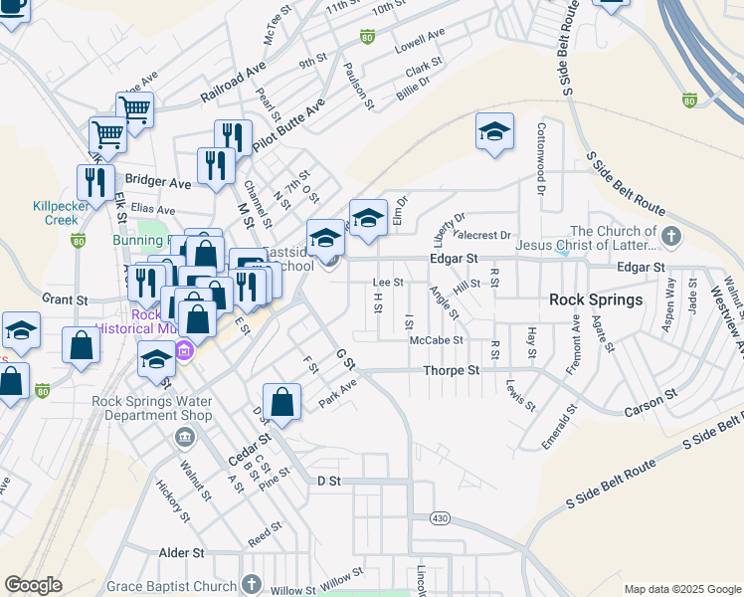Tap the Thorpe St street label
coord(452,369)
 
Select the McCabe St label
coord(437,340)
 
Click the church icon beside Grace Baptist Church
coord(252,584)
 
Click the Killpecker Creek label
coord(55,213)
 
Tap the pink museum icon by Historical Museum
coord(184,349)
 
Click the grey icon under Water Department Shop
coord(184,437)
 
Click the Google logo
coord(33,585)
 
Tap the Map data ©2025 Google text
coord(681,589)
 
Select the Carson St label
coord(651,394)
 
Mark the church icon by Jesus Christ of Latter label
coord(672,237)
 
